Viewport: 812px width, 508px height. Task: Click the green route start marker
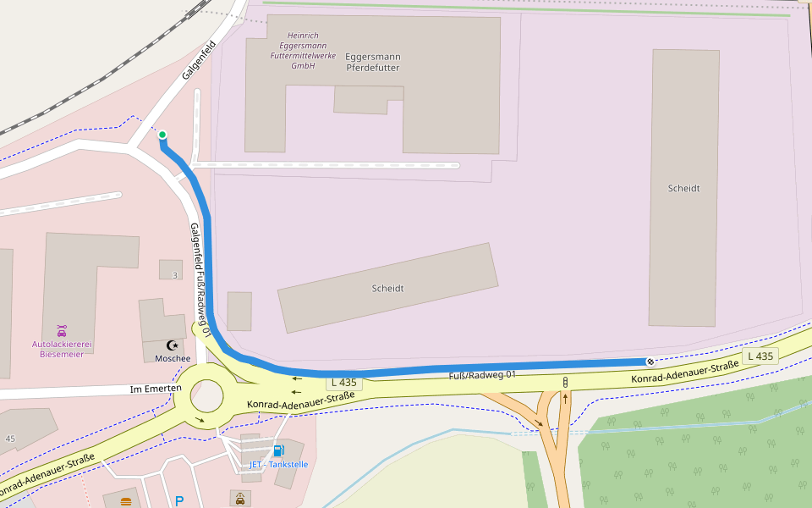coord(162,135)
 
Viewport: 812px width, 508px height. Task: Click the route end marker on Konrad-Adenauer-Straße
coord(650,362)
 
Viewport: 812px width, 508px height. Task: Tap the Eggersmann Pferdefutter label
coord(372,62)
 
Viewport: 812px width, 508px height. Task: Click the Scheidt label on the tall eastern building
coord(683,188)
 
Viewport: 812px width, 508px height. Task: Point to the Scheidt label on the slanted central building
coord(387,289)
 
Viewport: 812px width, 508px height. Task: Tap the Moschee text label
coord(173,358)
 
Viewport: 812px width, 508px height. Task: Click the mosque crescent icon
coord(173,345)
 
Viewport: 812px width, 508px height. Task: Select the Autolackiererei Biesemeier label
coord(62,349)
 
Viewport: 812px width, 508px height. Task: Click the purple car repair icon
coord(62,330)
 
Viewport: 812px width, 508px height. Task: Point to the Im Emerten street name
coord(156,389)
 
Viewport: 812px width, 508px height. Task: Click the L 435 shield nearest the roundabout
coord(344,383)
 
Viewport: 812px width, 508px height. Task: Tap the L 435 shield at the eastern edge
coord(760,356)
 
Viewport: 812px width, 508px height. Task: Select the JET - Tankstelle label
coord(278,464)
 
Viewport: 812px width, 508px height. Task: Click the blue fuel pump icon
coord(278,450)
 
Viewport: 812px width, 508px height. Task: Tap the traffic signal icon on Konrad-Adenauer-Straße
coord(564,384)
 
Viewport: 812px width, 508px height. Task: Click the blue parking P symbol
coord(179,501)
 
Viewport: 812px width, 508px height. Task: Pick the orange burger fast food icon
coord(126,501)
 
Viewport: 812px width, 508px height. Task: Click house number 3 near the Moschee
coord(175,275)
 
